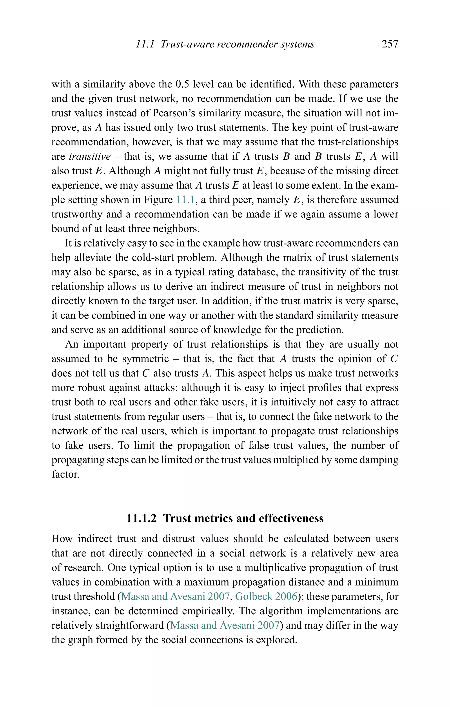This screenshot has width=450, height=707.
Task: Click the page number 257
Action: pos(390,44)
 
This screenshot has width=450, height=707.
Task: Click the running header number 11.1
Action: pos(145,44)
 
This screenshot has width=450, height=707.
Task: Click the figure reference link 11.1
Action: pos(185,200)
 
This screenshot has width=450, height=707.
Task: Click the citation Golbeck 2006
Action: pos(266,596)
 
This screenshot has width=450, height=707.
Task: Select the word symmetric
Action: pos(145,359)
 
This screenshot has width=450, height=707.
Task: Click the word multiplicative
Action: pos(275,568)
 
